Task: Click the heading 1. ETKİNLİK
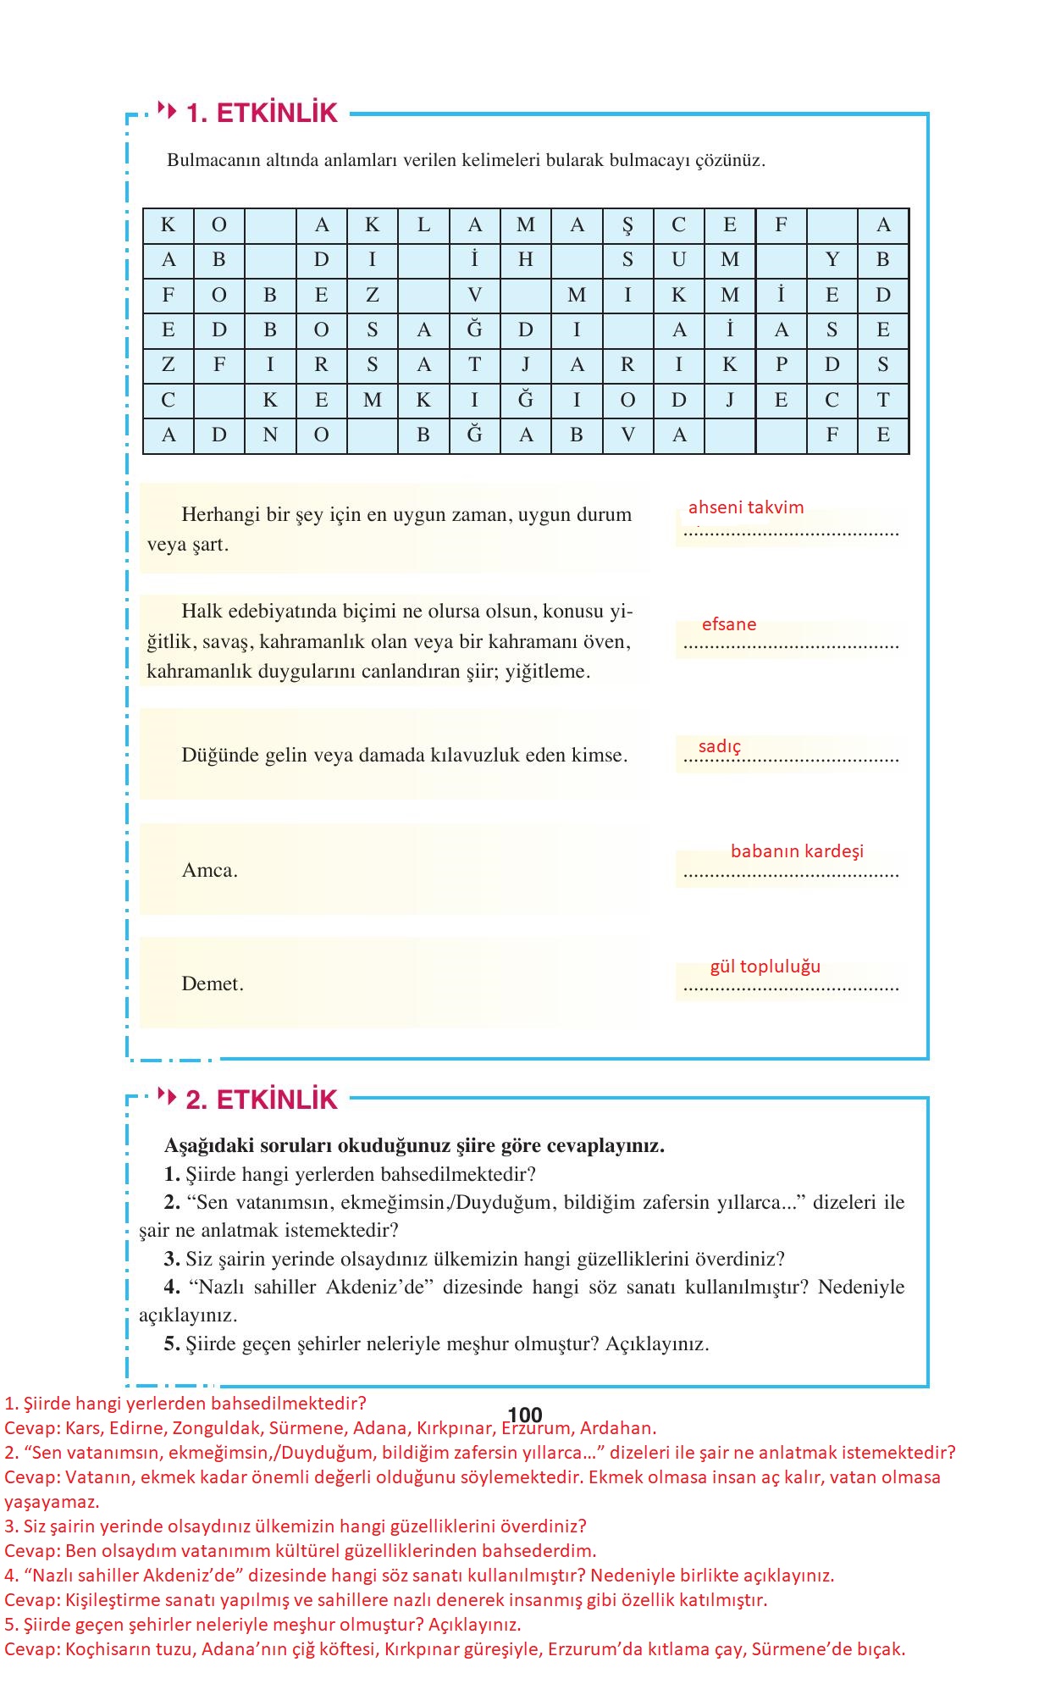tap(262, 113)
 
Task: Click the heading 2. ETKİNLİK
tap(262, 1100)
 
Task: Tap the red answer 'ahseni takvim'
tap(746, 507)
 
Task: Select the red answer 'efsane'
tap(729, 624)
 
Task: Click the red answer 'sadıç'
tap(719, 746)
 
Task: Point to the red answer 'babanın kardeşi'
tap(797, 850)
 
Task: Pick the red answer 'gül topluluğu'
tap(765, 967)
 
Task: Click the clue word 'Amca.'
tap(209, 871)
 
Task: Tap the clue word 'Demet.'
tap(213, 984)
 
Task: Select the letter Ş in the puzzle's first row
tap(627, 225)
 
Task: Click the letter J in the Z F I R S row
tap(526, 365)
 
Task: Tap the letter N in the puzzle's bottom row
tap(270, 435)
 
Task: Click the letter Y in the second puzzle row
tap(832, 260)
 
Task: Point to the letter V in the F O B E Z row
tap(475, 295)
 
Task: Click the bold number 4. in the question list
tap(172, 1288)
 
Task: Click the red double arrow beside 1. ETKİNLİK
tap(167, 111)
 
